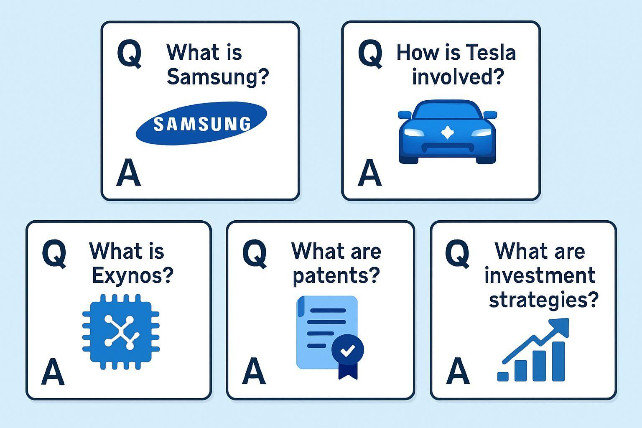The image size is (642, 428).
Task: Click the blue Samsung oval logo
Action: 201,123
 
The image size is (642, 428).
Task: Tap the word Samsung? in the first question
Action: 218,77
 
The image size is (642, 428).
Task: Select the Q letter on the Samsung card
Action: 129,54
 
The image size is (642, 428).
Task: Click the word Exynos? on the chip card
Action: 132,275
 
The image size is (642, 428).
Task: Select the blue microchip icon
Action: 121,332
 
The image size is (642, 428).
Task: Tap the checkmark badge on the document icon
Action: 348,350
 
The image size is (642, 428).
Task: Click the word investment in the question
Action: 540,275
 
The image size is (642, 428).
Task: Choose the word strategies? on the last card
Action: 544,300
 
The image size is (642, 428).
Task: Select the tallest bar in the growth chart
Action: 558,361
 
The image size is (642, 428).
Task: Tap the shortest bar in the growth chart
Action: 503,377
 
